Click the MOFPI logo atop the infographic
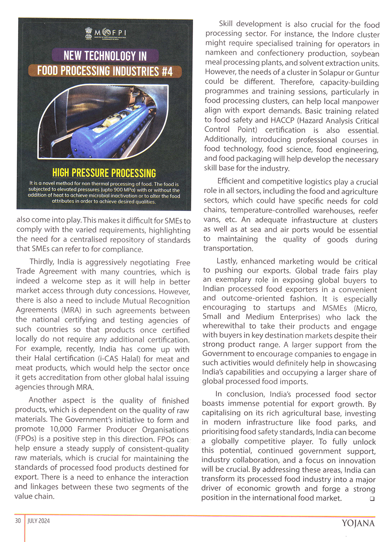point(105,34)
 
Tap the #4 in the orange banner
point(167,71)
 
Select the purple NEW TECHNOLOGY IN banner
point(105,56)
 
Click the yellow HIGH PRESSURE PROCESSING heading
point(104,173)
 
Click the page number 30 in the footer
point(18,521)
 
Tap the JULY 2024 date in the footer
point(39,521)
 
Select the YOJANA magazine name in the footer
point(358,523)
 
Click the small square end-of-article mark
point(372,498)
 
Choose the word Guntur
point(367,73)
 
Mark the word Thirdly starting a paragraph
point(42,262)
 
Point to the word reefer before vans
point(368,211)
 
